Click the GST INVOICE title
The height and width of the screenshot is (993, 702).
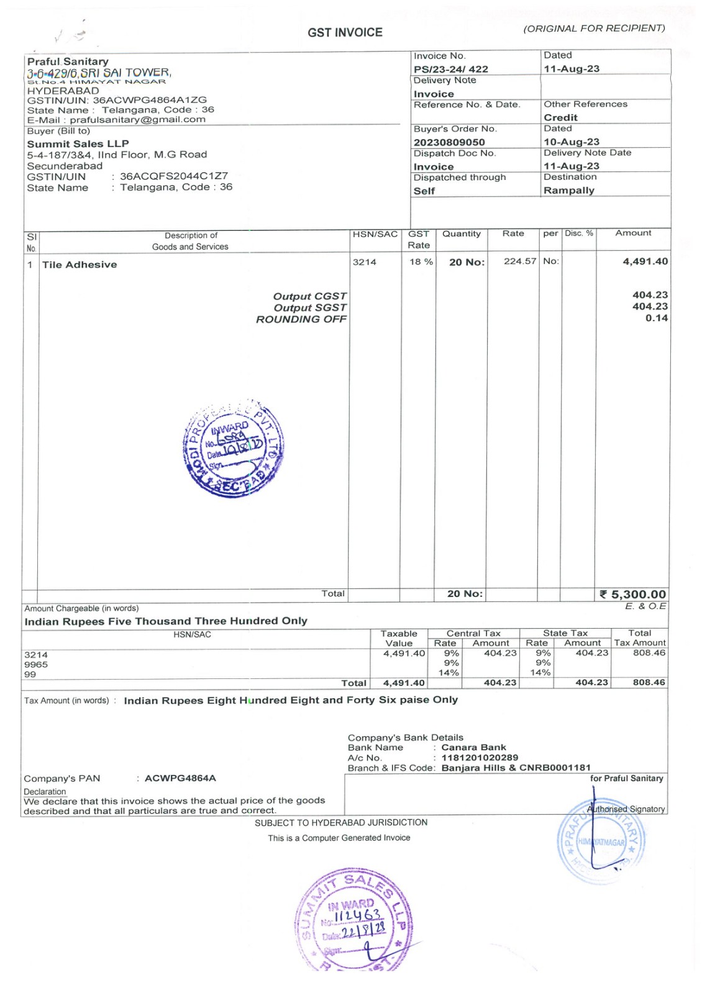(345, 32)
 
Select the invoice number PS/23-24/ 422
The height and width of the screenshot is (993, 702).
(451, 69)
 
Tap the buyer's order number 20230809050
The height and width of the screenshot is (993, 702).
(449, 142)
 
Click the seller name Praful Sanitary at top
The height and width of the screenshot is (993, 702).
(68, 61)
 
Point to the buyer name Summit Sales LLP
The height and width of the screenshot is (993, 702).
(78, 143)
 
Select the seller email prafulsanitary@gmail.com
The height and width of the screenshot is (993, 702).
(137, 119)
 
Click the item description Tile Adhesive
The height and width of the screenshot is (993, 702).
(80, 264)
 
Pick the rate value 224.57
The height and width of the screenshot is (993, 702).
(519, 261)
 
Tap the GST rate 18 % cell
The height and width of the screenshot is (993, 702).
(421, 262)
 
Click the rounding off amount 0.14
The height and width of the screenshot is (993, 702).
(656, 318)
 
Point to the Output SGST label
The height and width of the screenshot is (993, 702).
(310, 307)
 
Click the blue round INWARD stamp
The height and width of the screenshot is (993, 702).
(234, 448)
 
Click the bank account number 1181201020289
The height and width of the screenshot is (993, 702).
(480, 757)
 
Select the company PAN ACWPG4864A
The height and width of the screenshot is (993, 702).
(180, 778)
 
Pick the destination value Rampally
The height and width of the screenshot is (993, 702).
(568, 191)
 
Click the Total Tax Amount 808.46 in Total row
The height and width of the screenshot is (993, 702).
(649, 682)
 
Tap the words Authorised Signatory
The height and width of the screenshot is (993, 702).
(626, 809)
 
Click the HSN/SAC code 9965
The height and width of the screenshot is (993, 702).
(36, 664)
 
